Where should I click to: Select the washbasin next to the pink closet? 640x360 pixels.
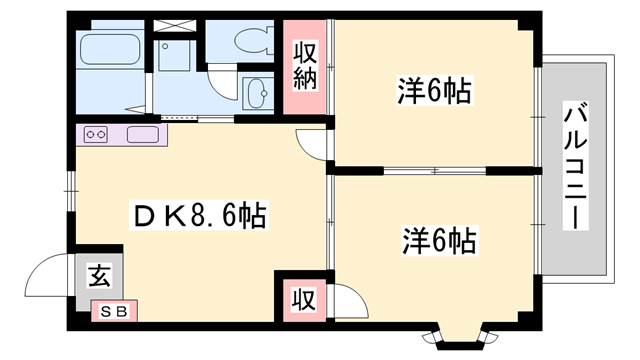(257, 92)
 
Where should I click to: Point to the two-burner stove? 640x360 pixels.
(97, 134)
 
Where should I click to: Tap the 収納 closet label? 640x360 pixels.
(305, 66)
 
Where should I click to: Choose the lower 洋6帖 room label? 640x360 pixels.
(439, 240)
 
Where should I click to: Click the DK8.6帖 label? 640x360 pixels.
(200, 215)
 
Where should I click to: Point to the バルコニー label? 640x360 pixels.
(574, 166)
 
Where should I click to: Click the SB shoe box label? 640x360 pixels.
(114, 312)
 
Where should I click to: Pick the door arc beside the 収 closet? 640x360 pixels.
(344, 299)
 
